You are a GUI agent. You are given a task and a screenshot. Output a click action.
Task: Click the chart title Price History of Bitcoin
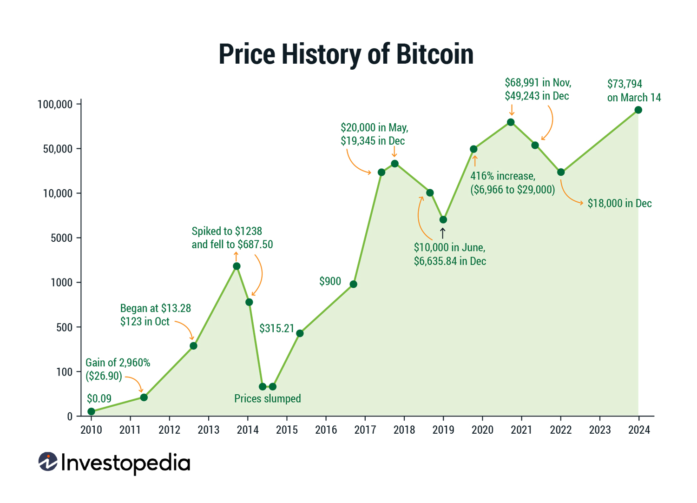click(x=346, y=54)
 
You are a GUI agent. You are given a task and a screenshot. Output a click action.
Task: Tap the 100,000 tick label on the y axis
click(x=55, y=105)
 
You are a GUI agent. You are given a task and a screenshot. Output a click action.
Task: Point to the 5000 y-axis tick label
click(x=61, y=238)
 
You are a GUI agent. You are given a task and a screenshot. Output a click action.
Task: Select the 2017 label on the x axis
click(x=365, y=430)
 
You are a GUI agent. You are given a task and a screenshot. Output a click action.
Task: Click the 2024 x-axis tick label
click(x=639, y=430)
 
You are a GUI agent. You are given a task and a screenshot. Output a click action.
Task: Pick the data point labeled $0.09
click(x=92, y=411)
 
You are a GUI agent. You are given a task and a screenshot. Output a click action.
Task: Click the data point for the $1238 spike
click(x=237, y=266)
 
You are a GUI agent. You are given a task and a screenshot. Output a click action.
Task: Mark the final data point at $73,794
click(x=638, y=110)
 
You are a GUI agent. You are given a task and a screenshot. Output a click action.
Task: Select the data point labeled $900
click(x=353, y=284)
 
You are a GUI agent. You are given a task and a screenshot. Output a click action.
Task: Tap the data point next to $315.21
click(x=300, y=333)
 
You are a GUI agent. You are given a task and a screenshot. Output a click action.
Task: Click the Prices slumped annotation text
click(x=267, y=399)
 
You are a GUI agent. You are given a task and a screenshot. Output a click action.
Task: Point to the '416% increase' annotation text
click(x=503, y=176)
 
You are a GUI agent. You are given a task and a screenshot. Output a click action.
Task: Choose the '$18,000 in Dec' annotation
click(x=619, y=204)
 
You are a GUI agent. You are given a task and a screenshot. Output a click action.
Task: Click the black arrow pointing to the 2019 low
click(x=443, y=233)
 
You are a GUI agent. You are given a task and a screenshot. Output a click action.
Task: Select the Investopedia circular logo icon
click(x=48, y=462)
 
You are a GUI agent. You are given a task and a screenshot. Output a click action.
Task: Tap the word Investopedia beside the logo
click(x=125, y=463)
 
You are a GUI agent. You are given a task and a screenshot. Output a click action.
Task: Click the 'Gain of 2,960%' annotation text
click(x=118, y=363)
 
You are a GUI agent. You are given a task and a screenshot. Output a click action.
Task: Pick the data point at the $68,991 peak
click(x=511, y=122)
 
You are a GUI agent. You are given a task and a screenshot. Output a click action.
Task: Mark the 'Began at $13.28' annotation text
click(x=155, y=309)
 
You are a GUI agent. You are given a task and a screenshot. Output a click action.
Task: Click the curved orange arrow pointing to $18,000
click(x=569, y=195)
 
